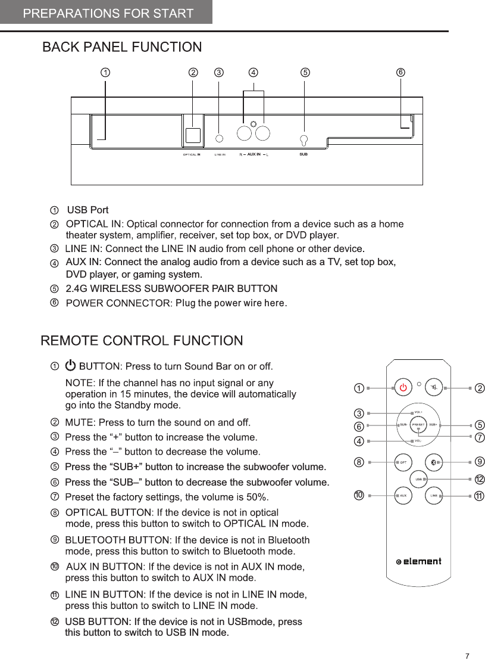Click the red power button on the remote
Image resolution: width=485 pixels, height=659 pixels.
pyautogui.click(x=403, y=387)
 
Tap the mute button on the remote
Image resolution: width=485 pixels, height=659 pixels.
pyautogui.click(x=436, y=387)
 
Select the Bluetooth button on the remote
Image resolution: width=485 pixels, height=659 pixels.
pyautogui.click(x=434, y=462)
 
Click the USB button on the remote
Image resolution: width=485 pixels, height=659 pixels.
pyautogui.click(x=419, y=478)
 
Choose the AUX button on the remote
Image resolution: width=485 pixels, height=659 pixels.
pyautogui.click(x=403, y=495)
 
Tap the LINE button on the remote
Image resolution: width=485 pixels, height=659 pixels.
pyautogui.click(x=434, y=495)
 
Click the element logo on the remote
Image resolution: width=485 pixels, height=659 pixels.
pyautogui.click(x=419, y=561)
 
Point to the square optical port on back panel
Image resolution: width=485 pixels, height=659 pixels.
pyautogui.click(x=192, y=135)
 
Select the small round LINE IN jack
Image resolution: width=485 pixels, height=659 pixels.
pyautogui.click(x=220, y=138)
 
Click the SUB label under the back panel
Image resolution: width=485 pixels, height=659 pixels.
pyautogui.click(x=303, y=154)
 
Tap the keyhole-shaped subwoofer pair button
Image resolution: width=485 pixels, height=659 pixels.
pyautogui.click(x=304, y=141)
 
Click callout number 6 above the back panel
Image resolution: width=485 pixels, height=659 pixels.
pyautogui.click(x=400, y=73)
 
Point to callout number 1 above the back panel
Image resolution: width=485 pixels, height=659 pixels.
pyautogui.click(x=105, y=73)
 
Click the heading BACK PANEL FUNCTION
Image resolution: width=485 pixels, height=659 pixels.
pyautogui.click(x=122, y=47)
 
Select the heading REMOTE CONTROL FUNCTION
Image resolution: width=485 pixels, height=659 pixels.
pyautogui.click(x=142, y=341)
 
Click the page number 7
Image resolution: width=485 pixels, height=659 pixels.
pyautogui.click(x=467, y=656)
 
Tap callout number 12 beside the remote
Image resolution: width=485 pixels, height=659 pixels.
pyautogui.click(x=479, y=480)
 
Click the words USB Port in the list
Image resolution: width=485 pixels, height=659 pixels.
pyautogui.click(x=87, y=210)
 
